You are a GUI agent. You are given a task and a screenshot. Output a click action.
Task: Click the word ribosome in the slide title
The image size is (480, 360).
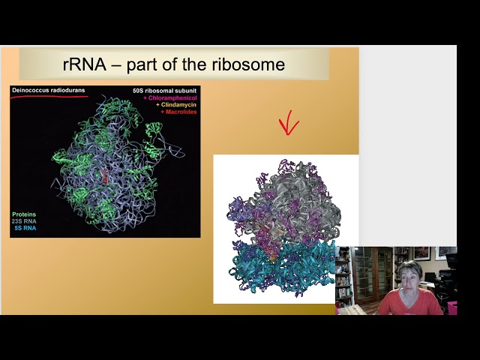coord(248,64)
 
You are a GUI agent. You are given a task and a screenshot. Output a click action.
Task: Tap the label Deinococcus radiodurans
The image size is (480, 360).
coord(48,91)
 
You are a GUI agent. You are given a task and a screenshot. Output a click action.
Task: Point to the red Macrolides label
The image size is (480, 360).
coord(178,112)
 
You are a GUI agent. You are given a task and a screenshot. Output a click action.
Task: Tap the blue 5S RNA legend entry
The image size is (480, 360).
coord(28,228)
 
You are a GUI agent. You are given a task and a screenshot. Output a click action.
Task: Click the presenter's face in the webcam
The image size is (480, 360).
coord(412,277)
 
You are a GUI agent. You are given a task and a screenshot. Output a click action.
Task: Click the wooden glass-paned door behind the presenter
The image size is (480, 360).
coord(372,273)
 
